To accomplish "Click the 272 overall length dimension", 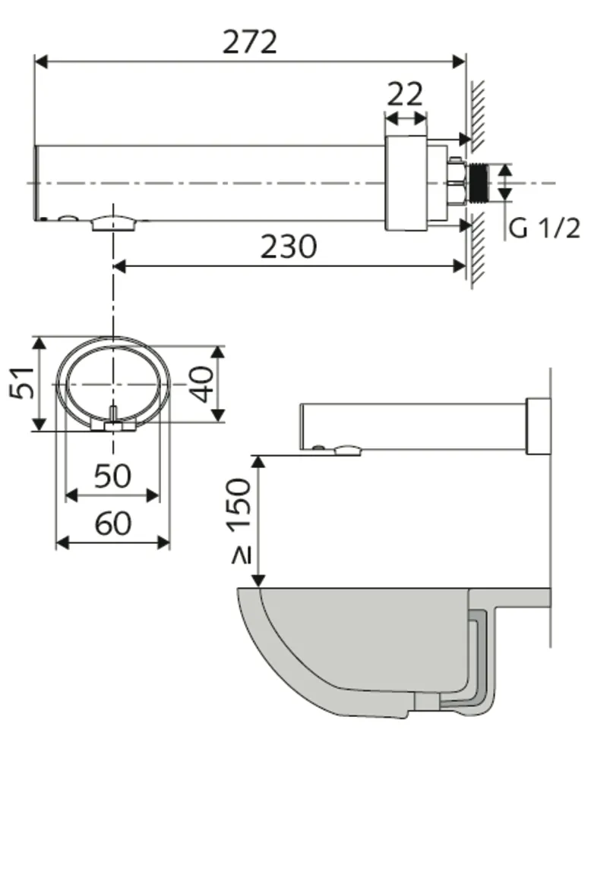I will (x=249, y=42).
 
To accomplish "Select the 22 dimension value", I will (x=405, y=94).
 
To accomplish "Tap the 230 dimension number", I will (x=289, y=247).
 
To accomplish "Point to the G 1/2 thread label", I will (x=544, y=227).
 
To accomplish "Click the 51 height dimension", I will (x=23, y=383).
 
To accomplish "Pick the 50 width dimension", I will (x=112, y=476).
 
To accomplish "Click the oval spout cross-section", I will (x=112, y=382).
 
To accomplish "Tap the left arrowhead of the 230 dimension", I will (x=119, y=266).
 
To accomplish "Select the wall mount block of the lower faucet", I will (x=538, y=426).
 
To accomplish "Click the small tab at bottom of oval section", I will (x=112, y=423).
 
